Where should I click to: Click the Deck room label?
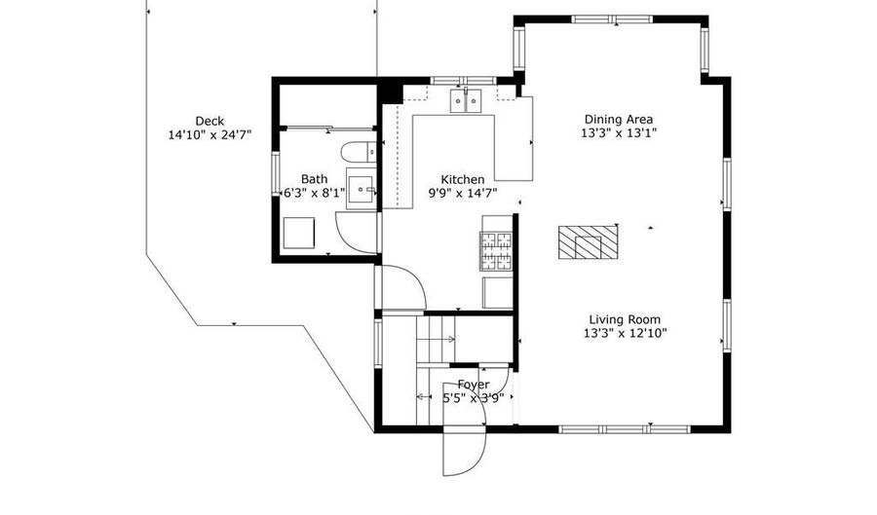210,121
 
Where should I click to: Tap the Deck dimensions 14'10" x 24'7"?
210,134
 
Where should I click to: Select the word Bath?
315,179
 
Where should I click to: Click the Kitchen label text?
463,179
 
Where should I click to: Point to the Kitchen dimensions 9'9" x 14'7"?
463,194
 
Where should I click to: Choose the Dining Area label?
619,119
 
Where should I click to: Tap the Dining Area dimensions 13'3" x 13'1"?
619,133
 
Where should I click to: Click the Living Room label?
625,319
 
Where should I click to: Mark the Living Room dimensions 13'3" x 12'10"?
625,334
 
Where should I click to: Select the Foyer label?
474,385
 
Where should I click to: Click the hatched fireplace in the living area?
588,241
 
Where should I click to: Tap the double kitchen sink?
466,100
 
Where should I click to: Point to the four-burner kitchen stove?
497,251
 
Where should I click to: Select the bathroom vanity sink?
362,189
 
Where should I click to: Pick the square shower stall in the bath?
299,233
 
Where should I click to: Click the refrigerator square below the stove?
498,292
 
